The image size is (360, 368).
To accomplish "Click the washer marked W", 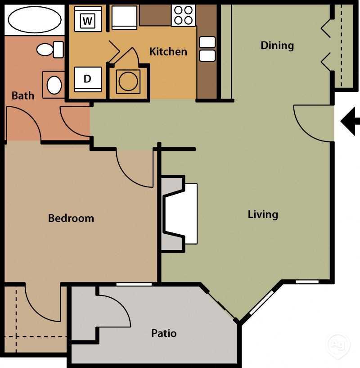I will pyautogui.click(x=88, y=20).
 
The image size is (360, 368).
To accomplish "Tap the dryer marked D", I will pyautogui.click(x=88, y=79).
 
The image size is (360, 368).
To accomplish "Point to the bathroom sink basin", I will pyautogui.click(x=54, y=85).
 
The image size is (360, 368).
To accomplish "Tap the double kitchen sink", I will pyautogui.click(x=207, y=49).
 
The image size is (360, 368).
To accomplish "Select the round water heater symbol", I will pyautogui.click(x=128, y=81).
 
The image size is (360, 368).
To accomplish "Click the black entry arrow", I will pyautogui.click(x=350, y=121).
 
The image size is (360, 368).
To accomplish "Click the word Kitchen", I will pyautogui.click(x=168, y=51).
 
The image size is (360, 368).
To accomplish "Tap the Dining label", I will pyautogui.click(x=277, y=45).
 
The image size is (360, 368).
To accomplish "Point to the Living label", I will pyautogui.click(x=263, y=214).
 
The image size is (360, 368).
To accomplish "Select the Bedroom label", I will pyautogui.click(x=71, y=218).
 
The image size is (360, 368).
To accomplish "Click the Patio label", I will pyautogui.click(x=164, y=333).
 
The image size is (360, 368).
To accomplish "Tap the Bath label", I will pyautogui.click(x=22, y=95).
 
